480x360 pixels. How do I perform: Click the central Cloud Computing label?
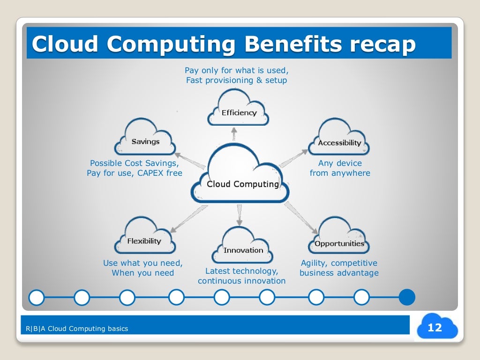[x=243, y=184]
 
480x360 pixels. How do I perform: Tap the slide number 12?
[x=435, y=328]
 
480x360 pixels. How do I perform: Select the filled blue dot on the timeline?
[x=407, y=297]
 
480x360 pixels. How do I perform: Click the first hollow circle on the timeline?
[x=36, y=297]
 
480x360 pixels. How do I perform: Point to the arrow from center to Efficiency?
[x=234, y=134]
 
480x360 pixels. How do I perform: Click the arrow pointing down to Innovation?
[x=240, y=215]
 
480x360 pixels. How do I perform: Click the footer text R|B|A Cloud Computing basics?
[x=77, y=329]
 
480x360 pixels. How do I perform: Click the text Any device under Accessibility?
[x=340, y=163]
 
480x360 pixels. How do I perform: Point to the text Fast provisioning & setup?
[x=236, y=80]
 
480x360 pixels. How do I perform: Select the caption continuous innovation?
[x=241, y=281]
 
